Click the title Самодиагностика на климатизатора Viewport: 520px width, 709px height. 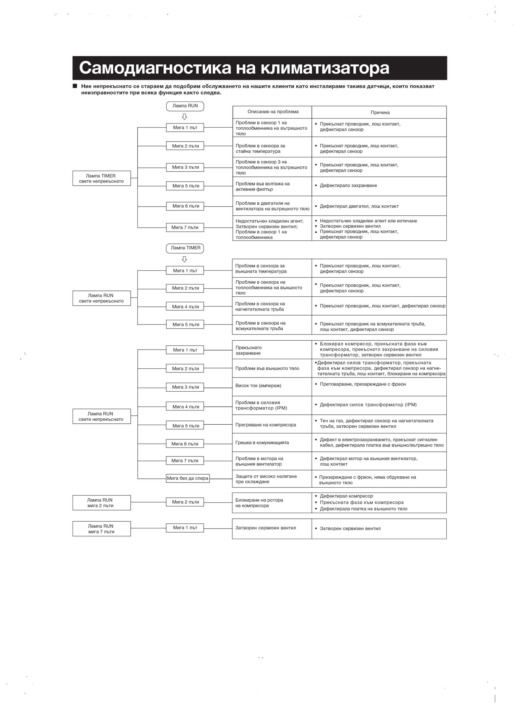pos(234,68)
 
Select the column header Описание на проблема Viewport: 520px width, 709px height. pos(273,112)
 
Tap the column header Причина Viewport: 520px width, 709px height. pos(380,112)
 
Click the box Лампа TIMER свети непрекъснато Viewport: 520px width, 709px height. pos(101,178)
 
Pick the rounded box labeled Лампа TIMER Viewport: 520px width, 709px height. pos(185,248)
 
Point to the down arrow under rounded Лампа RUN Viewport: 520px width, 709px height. pos(185,117)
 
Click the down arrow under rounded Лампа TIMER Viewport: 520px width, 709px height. pos(185,259)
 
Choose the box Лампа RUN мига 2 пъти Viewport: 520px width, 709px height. pos(101,503)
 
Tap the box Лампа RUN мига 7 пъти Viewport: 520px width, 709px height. pos(101,529)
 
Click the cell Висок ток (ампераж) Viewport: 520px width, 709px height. pos(272,386)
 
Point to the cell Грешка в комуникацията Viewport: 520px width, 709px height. pos(272,443)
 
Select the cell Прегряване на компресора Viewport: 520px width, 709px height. pos(272,425)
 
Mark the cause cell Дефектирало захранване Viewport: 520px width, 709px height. pos(379,186)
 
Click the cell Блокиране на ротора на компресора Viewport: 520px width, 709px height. pos(272,503)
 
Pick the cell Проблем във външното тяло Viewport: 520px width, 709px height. pos(272,369)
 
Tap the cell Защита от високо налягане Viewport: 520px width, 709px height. pos(272,479)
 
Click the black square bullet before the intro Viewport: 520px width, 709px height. pos(75,86)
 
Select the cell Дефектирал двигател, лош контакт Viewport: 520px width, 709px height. pos(379,206)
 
